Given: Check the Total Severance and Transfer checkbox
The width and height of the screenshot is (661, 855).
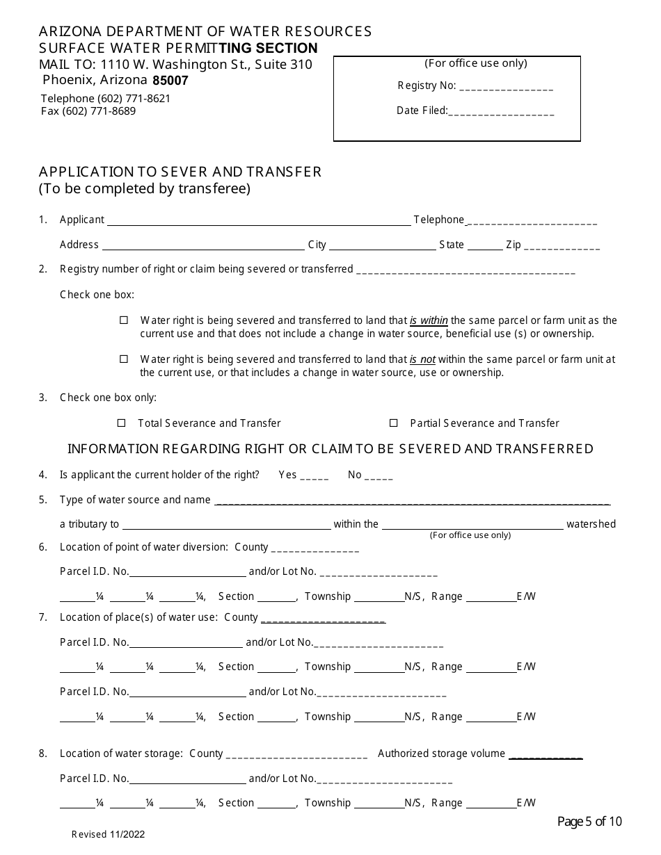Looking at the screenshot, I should (121, 423).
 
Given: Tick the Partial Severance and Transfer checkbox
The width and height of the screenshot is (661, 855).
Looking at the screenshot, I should (393, 423).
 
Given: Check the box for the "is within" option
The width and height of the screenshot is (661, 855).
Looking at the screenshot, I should (124, 320).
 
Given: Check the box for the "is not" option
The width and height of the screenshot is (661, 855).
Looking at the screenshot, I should (124, 359).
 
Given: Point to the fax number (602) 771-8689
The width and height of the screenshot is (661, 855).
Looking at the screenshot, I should (88, 111).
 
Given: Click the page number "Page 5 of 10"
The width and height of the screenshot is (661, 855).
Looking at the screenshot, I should (590, 822).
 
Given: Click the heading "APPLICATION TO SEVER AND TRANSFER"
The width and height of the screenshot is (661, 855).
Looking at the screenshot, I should (180, 172).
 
